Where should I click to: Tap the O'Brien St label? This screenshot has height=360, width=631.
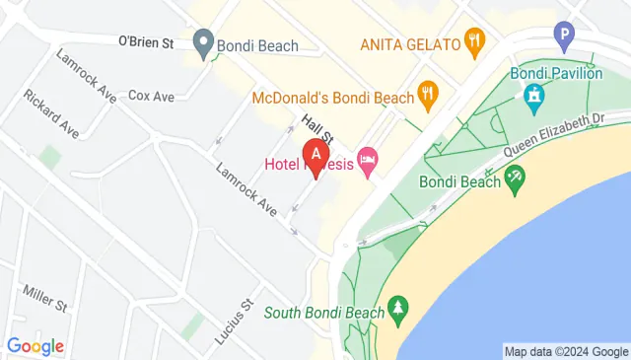[x=146, y=42]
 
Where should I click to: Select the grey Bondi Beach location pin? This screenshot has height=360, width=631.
[x=204, y=42]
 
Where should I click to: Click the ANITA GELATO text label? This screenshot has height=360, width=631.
[x=410, y=44]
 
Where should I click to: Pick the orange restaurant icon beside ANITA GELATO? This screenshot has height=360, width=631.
[x=475, y=42]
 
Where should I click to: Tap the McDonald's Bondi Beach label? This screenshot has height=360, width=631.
[x=332, y=98]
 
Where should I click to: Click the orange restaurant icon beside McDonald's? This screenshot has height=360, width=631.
[x=427, y=96]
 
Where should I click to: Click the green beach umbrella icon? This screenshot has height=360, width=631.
[x=513, y=179]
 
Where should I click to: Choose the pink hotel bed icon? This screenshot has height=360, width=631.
[x=368, y=162]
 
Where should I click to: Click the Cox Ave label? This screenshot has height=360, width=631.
[x=151, y=96]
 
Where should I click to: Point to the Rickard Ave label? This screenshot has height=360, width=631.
[x=52, y=114]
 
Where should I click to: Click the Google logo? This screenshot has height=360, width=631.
[x=35, y=346]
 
